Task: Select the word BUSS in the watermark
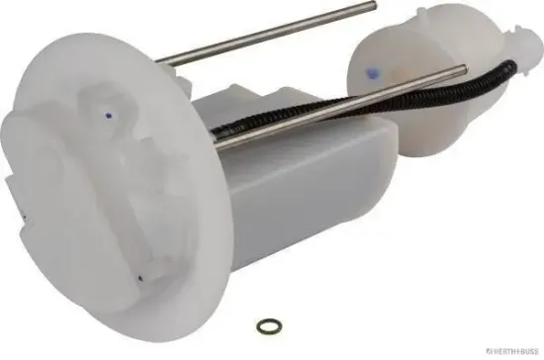click(x=524, y=351)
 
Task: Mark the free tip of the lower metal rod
click(x=464, y=69)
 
